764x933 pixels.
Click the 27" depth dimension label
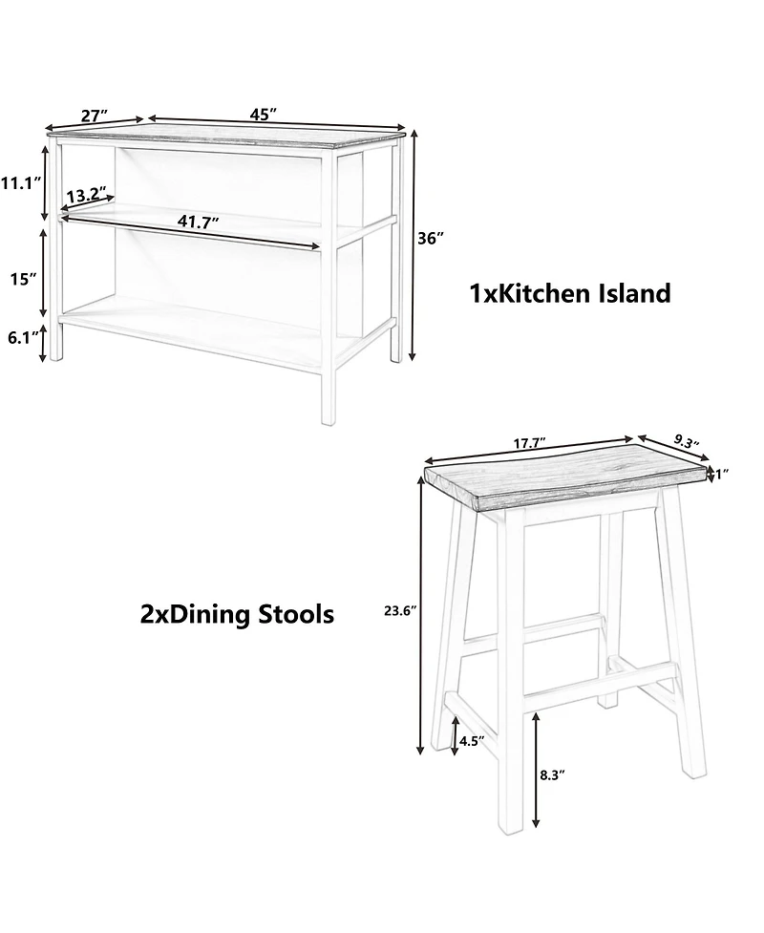coord(94,116)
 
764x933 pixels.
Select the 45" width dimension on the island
coord(264,114)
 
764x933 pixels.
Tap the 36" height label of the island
coord(432,239)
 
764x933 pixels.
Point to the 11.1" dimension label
coord(18,182)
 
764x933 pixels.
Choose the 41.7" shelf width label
coord(198,222)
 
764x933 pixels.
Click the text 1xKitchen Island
coord(569,293)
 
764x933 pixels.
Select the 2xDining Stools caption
coord(237,614)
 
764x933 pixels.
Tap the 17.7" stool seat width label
coord(528,444)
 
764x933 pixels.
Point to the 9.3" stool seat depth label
coord(685,441)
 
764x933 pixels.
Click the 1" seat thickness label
coord(722,473)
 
